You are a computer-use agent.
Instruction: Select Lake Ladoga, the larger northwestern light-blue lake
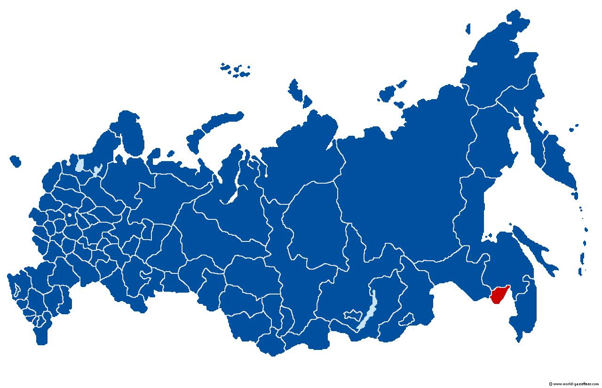click(79, 165)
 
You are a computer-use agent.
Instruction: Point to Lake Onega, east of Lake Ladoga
click(97, 170)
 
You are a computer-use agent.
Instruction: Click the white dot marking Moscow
click(70, 215)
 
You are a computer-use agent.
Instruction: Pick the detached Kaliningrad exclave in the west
click(15, 161)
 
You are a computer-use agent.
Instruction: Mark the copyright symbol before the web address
click(550, 384)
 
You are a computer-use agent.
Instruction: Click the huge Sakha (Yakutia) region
click(400, 178)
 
